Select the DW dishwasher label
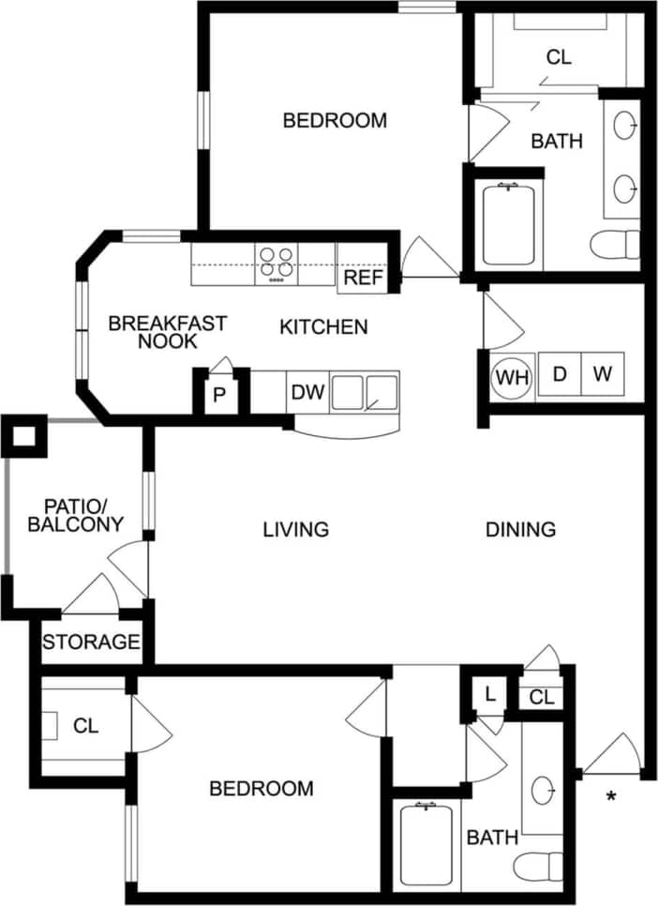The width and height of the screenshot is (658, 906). point(307,393)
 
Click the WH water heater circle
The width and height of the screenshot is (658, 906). point(512,376)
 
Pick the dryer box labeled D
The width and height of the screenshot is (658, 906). point(560,374)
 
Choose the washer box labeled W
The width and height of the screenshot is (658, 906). point(603,374)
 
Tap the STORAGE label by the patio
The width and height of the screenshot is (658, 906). point(91,643)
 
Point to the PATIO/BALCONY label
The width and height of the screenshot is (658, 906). point(75,516)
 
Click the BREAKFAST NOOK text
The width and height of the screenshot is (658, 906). point(167,332)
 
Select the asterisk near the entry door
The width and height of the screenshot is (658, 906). point(611,798)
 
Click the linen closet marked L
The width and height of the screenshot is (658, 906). point(489,695)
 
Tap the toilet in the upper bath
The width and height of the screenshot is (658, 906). point(616,244)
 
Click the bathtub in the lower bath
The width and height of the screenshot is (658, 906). point(426,844)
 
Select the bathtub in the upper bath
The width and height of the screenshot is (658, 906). point(508,225)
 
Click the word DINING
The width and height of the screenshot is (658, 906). point(520,530)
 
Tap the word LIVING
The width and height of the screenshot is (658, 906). point(295,530)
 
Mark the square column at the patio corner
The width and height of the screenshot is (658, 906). point(23,435)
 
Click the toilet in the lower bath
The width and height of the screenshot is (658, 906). point(542,865)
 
